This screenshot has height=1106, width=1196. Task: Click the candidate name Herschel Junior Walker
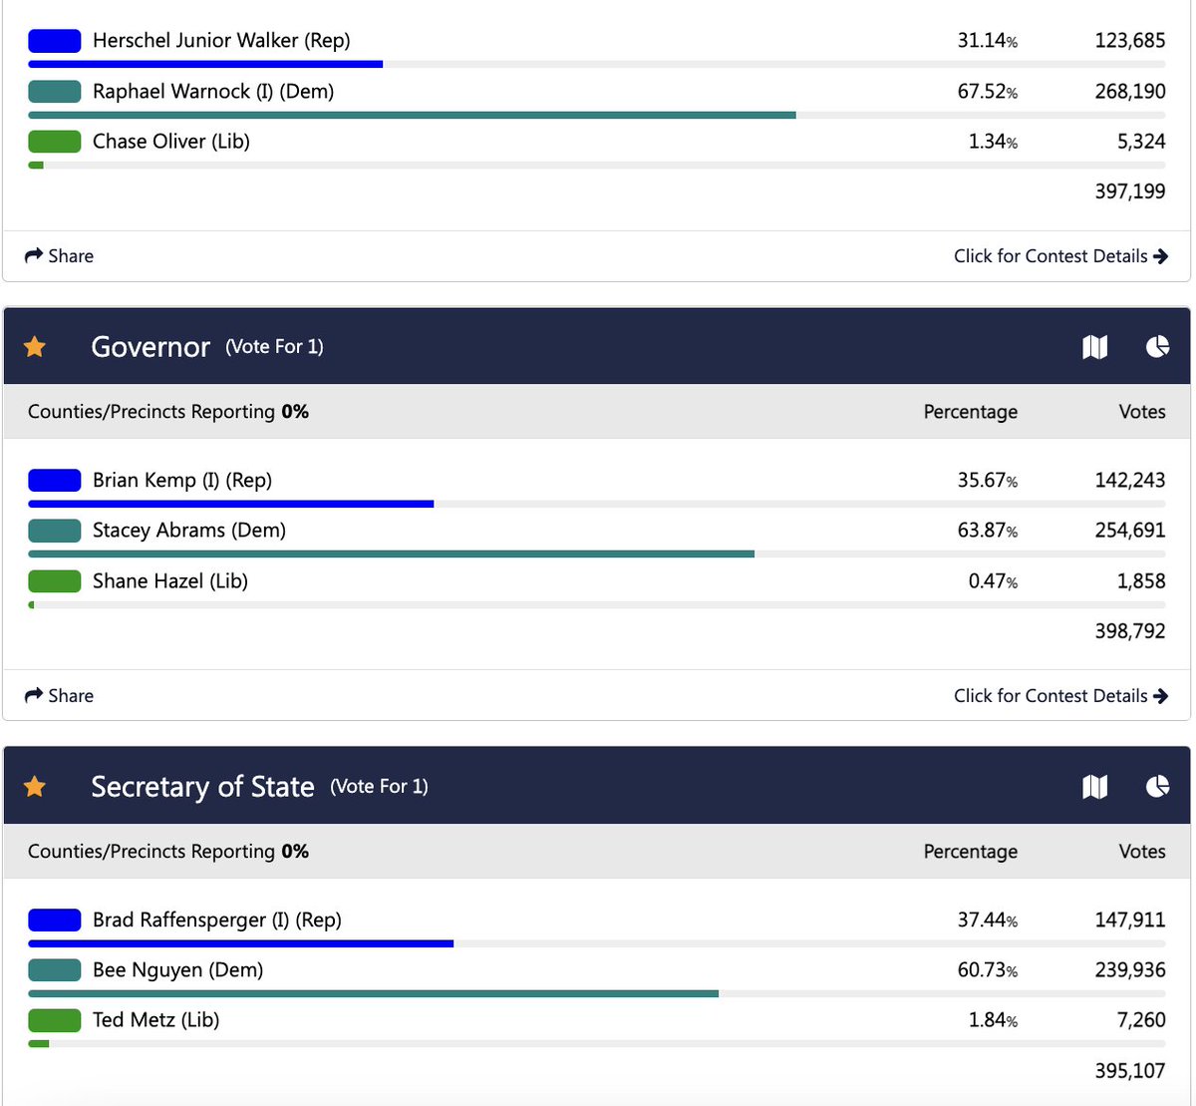pos(220,41)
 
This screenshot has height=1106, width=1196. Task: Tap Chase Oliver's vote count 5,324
pos(1140,142)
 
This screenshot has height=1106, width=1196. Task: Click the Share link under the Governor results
pos(59,695)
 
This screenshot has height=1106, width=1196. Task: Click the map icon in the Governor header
pos(1094,347)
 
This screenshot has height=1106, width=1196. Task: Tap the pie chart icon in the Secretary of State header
pos(1157,787)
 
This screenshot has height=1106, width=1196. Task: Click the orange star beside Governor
pos(35,347)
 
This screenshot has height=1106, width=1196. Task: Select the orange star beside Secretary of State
pos(35,787)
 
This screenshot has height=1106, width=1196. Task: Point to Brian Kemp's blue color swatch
pos(54,481)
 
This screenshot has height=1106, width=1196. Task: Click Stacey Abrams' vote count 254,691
pos(1129,531)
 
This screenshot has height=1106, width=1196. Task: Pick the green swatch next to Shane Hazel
pos(54,581)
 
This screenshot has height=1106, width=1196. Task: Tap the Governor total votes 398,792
pos(1129,631)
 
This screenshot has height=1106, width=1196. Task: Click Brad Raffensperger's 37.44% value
pos(987,920)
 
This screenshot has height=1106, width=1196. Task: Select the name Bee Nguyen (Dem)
pos(177,970)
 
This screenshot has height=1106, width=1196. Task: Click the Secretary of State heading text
pos(202,787)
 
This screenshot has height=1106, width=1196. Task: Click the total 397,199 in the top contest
pos(1129,191)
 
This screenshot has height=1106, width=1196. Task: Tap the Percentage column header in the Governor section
pos(970,412)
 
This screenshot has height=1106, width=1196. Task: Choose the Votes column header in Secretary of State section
pos(1141,852)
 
